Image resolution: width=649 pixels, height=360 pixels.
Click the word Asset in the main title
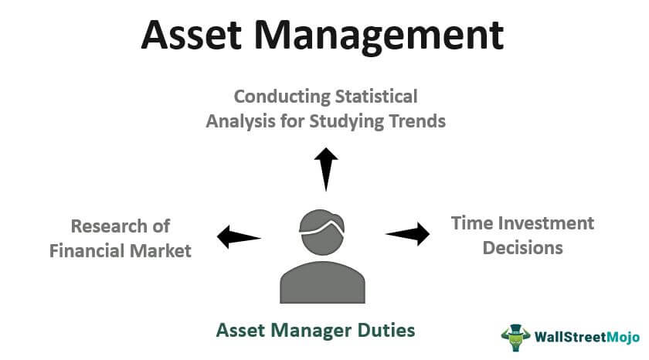click(192, 35)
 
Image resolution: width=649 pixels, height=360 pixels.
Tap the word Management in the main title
click(379, 37)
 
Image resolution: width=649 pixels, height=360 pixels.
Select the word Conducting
click(282, 97)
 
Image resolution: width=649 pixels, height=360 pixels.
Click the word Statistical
click(376, 97)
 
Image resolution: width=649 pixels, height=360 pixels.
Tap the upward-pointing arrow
click(326, 169)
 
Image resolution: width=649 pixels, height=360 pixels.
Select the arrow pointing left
click(239, 237)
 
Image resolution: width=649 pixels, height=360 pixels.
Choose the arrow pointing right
click(408, 234)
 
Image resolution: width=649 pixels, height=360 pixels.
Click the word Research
click(109, 226)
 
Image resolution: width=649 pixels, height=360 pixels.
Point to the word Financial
click(87, 251)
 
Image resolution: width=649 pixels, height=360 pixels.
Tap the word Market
click(160, 251)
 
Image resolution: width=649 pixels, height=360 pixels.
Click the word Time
click(472, 223)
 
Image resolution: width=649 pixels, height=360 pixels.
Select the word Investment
click(546, 223)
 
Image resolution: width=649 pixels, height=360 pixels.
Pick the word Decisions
click(523, 248)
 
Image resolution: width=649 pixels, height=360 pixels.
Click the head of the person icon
click(322, 232)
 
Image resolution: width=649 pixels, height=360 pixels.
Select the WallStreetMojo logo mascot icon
click(515, 338)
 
